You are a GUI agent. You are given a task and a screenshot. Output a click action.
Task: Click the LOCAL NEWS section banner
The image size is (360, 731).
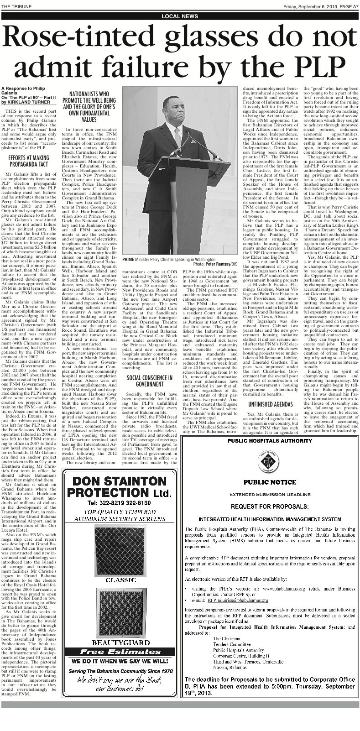[180, 16]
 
